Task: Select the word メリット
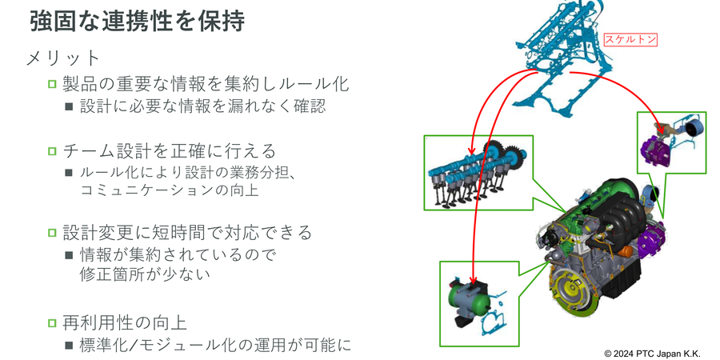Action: [x=64, y=58]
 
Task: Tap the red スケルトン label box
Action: [x=630, y=38]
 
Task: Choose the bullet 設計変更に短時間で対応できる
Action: [x=187, y=233]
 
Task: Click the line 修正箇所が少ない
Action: [x=144, y=274]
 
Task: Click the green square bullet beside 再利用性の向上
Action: [x=53, y=323]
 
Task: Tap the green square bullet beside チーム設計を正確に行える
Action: [x=53, y=150]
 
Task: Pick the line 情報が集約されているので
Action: [x=177, y=255]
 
